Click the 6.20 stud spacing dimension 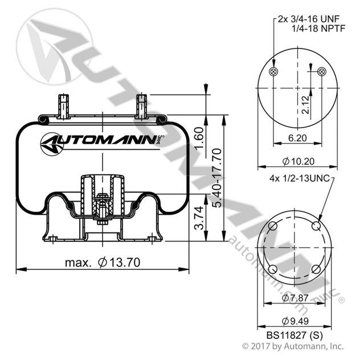[297, 138]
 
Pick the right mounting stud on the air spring [141, 105]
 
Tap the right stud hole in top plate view [322, 71]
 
